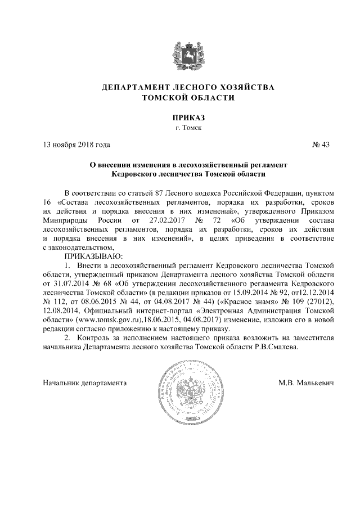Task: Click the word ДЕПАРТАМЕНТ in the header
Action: [134, 88]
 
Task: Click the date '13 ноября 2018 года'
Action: [73, 145]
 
